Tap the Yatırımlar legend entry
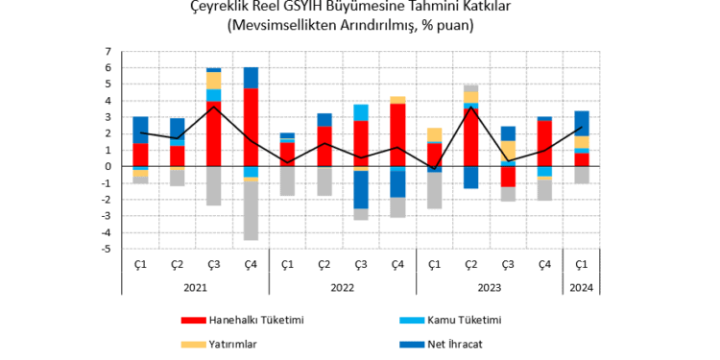[x=234, y=345]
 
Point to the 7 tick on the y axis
[x=108, y=51]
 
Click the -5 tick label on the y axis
[x=107, y=249]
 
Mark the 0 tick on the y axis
[x=108, y=166]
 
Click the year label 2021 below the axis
[x=195, y=286]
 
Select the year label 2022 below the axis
[x=343, y=286]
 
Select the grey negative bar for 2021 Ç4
[x=251, y=210]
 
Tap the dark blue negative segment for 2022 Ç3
[x=361, y=189]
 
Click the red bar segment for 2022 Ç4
[x=397, y=134]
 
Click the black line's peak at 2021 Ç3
[x=214, y=106]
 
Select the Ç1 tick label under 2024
[x=582, y=264]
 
